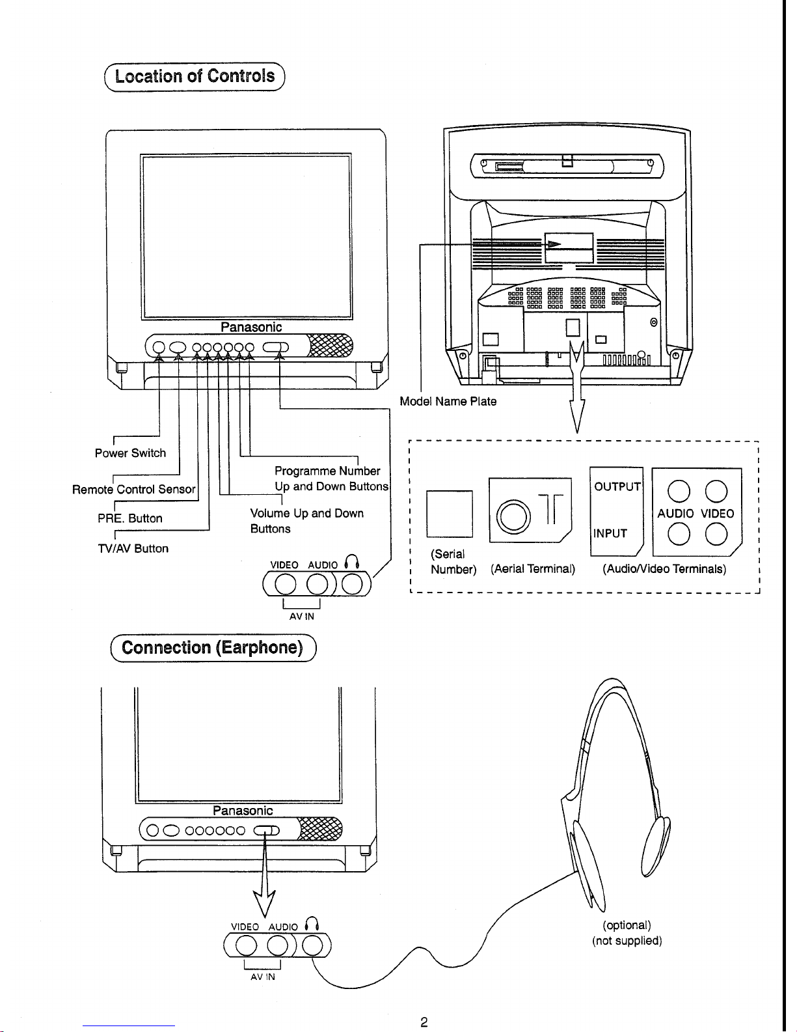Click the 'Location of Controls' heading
[x=195, y=76]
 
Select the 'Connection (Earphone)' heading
[x=212, y=648]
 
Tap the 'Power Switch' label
[x=131, y=453]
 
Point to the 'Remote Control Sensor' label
[x=134, y=489]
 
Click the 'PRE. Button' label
[x=130, y=518]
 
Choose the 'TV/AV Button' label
[x=133, y=548]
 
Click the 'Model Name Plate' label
[x=448, y=401]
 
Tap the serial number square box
[x=450, y=514]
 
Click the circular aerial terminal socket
[x=513, y=516]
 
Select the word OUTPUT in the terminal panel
[x=617, y=486]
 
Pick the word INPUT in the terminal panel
[x=610, y=533]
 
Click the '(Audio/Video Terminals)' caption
[x=664, y=569]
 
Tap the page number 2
[x=424, y=1022]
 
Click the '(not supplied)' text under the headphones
[x=627, y=941]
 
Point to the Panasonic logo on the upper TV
[x=251, y=328]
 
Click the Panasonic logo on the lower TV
[x=243, y=811]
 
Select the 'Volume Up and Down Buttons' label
[x=307, y=521]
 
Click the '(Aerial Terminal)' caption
[x=533, y=569]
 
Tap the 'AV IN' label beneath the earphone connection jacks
[x=263, y=977]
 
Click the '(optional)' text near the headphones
[x=627, y=925]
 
